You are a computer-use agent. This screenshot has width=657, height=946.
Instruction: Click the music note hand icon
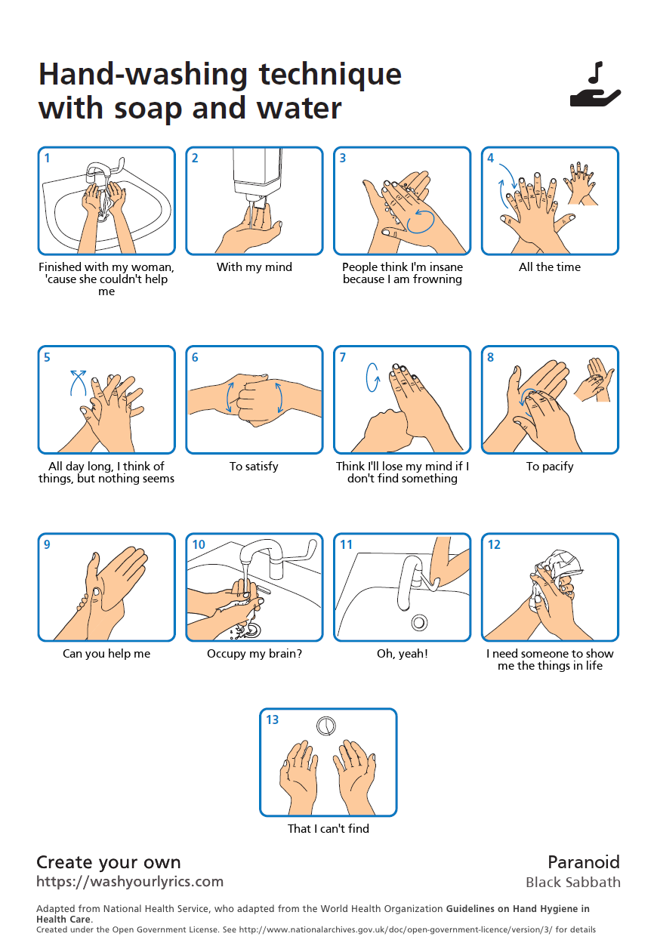(x=595, y=85)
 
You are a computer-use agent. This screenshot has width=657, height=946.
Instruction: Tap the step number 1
(x=48, y=158)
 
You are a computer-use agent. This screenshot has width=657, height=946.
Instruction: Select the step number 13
(x=272, y=720)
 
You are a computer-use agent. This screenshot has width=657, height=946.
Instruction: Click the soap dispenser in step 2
(x=258, y=177)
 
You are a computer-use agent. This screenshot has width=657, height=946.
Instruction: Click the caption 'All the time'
(x=550, y=267)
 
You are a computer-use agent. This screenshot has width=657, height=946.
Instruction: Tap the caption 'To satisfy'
(x=254, y=467)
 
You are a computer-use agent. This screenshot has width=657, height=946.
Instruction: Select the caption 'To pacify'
(x=550, y=467)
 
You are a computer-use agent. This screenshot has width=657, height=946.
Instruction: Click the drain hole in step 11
(x=419, y=623)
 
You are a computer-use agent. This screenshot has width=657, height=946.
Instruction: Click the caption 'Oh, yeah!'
(x=403, y=653)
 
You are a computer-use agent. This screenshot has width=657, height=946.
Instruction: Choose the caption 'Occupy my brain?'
(x=254, y=653)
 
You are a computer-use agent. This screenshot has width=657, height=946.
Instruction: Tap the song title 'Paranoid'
(x=584, y=862)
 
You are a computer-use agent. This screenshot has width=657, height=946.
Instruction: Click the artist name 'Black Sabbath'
(x=573, y=883)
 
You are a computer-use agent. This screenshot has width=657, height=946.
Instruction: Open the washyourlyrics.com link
(x=130, y=882)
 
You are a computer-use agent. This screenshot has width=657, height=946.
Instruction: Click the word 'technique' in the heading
(x=330, y=75)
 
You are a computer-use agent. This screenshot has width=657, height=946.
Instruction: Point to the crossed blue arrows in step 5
(x=79, y=383)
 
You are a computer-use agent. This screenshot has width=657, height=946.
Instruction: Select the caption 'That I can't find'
(x=328, y=828)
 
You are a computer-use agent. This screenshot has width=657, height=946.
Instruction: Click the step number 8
(x=491, y=357)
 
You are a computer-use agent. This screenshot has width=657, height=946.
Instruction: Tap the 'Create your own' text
(x=109, y=862)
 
